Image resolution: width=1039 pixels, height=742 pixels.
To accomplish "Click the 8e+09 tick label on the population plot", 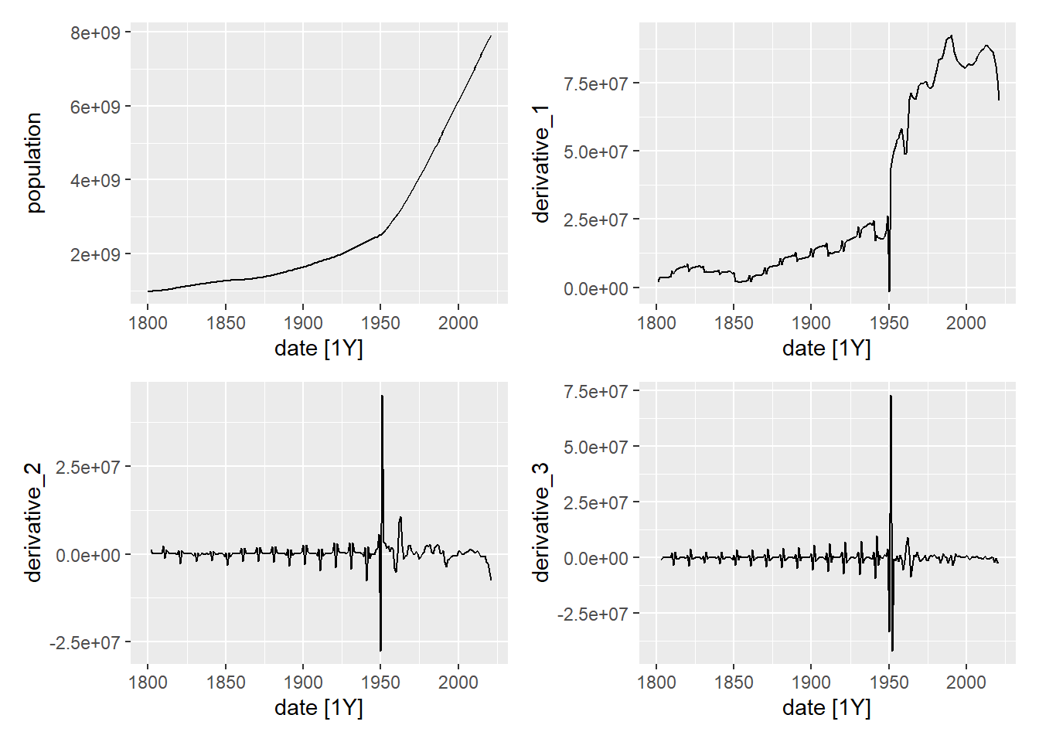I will pos(95,33).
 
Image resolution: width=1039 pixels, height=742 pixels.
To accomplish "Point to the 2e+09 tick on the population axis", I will pos(95,254).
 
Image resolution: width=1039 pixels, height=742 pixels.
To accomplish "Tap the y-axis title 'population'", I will pos(34,162).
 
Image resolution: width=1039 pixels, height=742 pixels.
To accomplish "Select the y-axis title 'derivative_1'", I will pos(541,164).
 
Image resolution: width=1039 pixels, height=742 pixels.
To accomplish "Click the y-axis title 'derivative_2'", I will pos(33,522).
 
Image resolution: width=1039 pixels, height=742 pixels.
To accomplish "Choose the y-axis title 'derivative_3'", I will pos(541,522).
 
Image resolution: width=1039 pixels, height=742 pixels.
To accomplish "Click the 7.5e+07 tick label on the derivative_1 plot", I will pos(595,83).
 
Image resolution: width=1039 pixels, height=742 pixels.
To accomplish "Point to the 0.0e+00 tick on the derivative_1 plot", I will pos(595,289).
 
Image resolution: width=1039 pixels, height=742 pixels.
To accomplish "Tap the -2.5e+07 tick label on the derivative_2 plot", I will pos(85,643).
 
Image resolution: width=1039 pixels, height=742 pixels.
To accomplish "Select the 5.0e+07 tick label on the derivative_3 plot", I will pos(595,448).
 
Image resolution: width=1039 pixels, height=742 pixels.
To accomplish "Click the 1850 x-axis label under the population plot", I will pos(226,322).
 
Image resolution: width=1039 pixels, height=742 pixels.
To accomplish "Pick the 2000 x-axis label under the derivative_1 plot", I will pos(966,322).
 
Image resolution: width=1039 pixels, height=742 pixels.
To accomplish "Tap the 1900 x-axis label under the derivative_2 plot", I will pos(303,682).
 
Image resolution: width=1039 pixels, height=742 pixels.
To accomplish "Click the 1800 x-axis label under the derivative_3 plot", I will pos(656,682).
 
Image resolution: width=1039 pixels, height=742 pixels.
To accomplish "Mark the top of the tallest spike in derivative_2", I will pos(382,397).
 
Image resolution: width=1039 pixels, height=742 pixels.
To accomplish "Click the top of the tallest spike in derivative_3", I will pos(891,397).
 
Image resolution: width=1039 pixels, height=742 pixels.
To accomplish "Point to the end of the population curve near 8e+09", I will pos(490,36).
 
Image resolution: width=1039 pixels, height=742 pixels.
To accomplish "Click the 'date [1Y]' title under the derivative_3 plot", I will pos(826,707).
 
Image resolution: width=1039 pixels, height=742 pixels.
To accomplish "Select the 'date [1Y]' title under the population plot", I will pos(319,348).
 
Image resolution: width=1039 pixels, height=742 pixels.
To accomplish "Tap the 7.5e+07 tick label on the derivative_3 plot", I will pos(595,392).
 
